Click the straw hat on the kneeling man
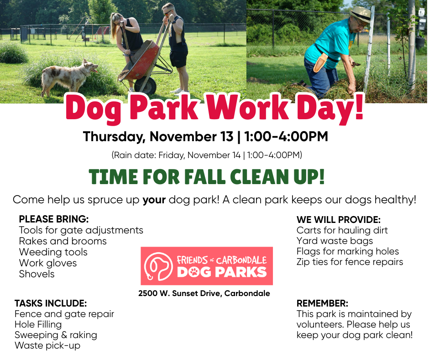tap(361, 14)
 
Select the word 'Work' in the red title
tap(247, 107)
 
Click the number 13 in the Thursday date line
tap(226, 137)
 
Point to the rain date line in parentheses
tap(207, 155)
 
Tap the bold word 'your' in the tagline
tap(154, 200)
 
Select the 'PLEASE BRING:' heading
tap(54, 219)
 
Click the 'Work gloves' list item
tap(48, 263)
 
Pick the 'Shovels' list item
tap(37, 274)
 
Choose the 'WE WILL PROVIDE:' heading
tap(339, 220)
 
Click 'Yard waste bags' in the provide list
tap(335, 241)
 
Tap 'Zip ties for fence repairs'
tap(350, 262)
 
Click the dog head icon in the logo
tap(159, 266)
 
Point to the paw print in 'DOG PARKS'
tap(194, 272)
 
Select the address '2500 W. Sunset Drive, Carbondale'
tap(204, 293)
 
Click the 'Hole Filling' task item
tap(38, 325)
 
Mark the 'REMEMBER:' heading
tap(322, 303)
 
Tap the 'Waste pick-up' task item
tap(47, 346)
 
